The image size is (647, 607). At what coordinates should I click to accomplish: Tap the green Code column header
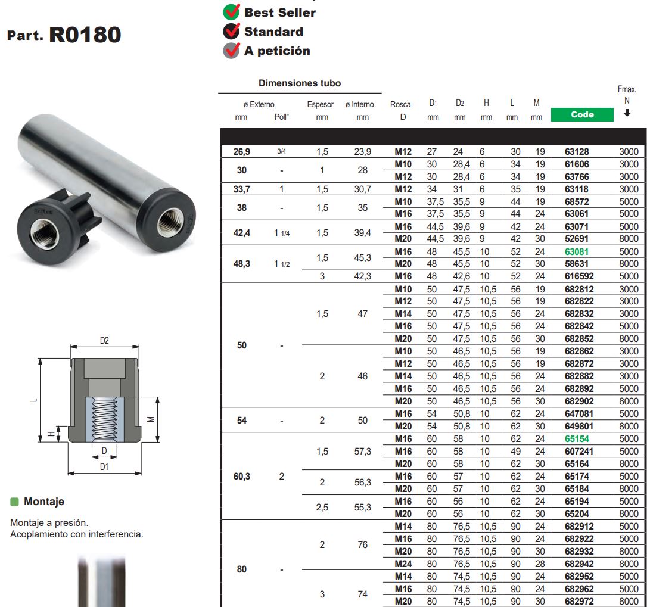(x=581, y=114)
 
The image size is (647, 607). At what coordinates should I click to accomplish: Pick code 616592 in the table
(x=579, y=276)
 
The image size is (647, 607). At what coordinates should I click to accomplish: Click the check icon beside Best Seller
(x=231, y=12)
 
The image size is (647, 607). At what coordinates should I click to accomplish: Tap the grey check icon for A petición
(x=231, y=51)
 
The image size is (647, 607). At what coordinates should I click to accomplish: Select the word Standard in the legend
(x=273, y=32)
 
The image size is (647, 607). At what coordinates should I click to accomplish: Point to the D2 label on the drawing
(x=104, y=341)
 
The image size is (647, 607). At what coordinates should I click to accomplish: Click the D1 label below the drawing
(x=104, y=467)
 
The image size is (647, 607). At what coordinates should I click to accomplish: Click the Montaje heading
(x=44, y=502)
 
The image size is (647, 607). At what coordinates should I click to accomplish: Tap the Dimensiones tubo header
(x=300, y=83)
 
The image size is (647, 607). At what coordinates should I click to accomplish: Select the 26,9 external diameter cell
(x=241, y=152)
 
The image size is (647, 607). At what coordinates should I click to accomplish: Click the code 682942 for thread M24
(x=579, y=564)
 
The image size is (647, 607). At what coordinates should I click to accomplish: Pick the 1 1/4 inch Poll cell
(x=282, y=233)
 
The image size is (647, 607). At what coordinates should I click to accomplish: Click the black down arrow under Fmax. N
(x=627, y=113)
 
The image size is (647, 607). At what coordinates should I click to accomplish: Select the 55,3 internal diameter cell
(x=362, y=508)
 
